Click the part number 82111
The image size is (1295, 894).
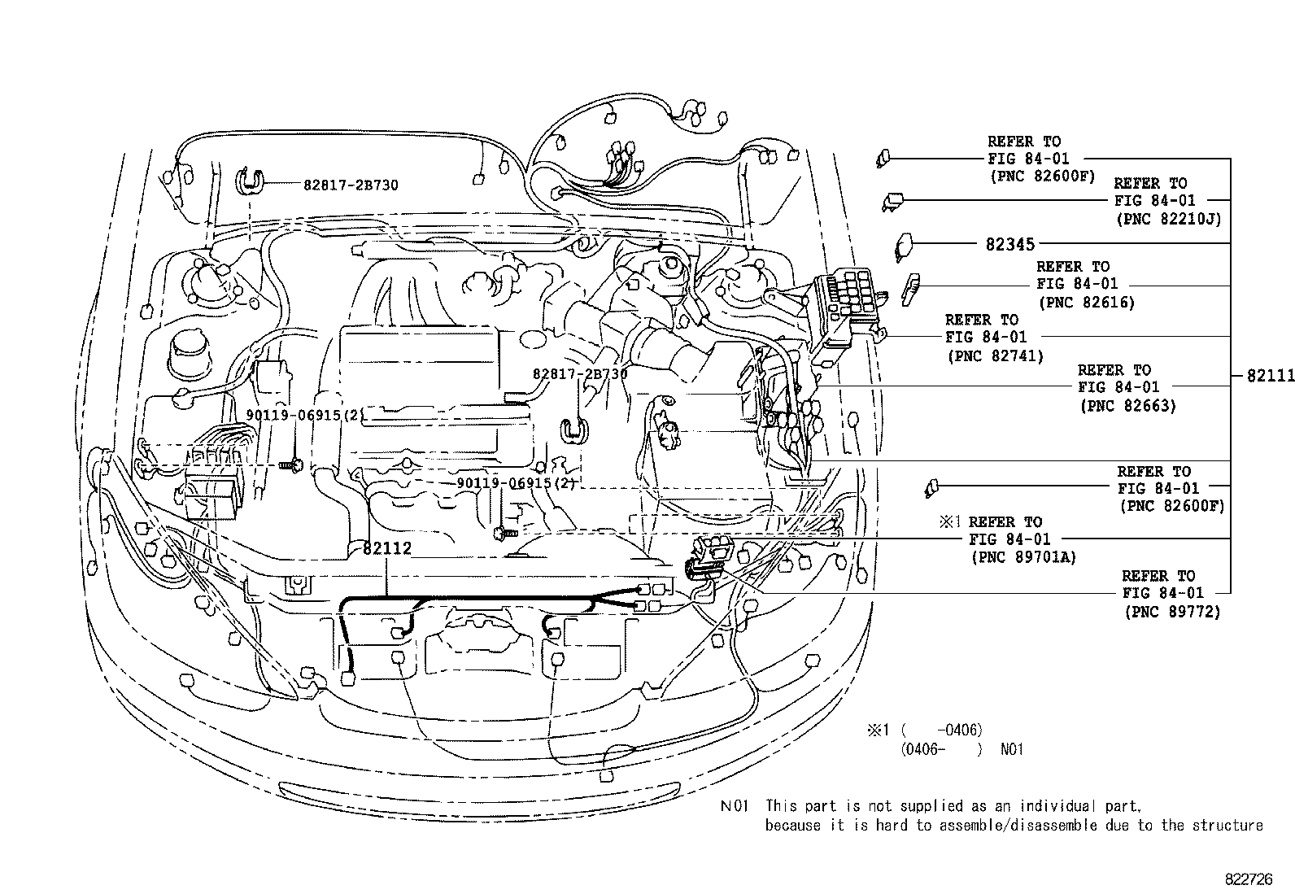click(x=1270, y=376)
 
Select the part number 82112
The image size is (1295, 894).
click(x=387, y=549)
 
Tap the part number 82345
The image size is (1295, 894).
click(x=1009, y=243)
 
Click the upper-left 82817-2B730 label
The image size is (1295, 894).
click(x=351, y=185)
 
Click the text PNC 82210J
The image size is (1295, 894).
click(x=1170, y=218)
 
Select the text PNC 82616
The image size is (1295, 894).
click(x=1087, y=302)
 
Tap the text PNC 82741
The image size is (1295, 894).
click(x=995, y=355)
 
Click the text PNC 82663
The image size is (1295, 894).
click(x=1128, y=405)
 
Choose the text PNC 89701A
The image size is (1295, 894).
click(x=1023, y=557)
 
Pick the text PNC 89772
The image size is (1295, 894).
click(x=1172, y=612)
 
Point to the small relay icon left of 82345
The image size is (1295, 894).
click(x=904, y=245)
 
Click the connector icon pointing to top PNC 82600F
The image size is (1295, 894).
click(x=883, y=158)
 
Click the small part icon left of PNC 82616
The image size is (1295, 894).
click(x=912, y=286)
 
